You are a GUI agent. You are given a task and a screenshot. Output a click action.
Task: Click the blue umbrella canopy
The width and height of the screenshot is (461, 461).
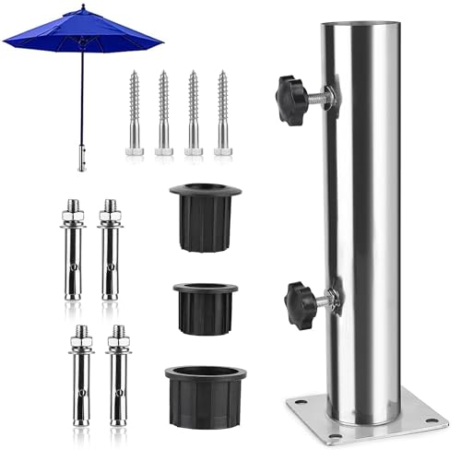point(83,31)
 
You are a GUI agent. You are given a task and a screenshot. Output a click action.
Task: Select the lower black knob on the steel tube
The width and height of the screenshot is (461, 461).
point(301,299)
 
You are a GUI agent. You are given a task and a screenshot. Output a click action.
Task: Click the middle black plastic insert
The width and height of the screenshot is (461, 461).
point(205,308)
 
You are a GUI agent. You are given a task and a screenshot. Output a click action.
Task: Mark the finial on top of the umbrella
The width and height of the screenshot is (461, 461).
point(82,7)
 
